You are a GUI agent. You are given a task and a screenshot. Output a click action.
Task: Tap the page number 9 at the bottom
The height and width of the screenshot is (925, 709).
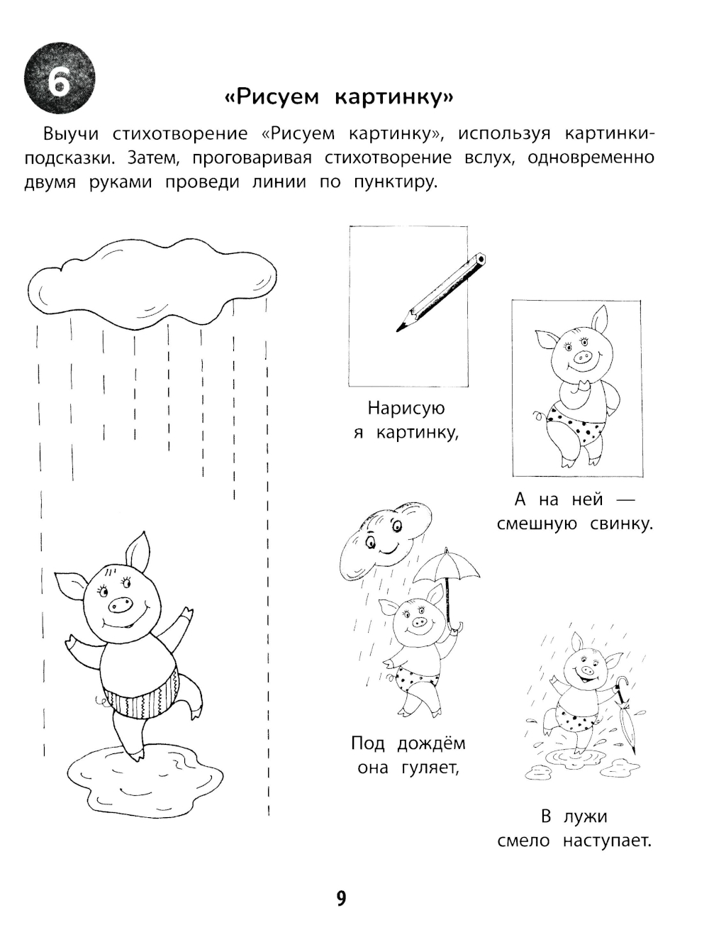tap(341, 899)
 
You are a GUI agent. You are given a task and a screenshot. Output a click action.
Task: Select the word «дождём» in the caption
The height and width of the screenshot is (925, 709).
tap(431, 743)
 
